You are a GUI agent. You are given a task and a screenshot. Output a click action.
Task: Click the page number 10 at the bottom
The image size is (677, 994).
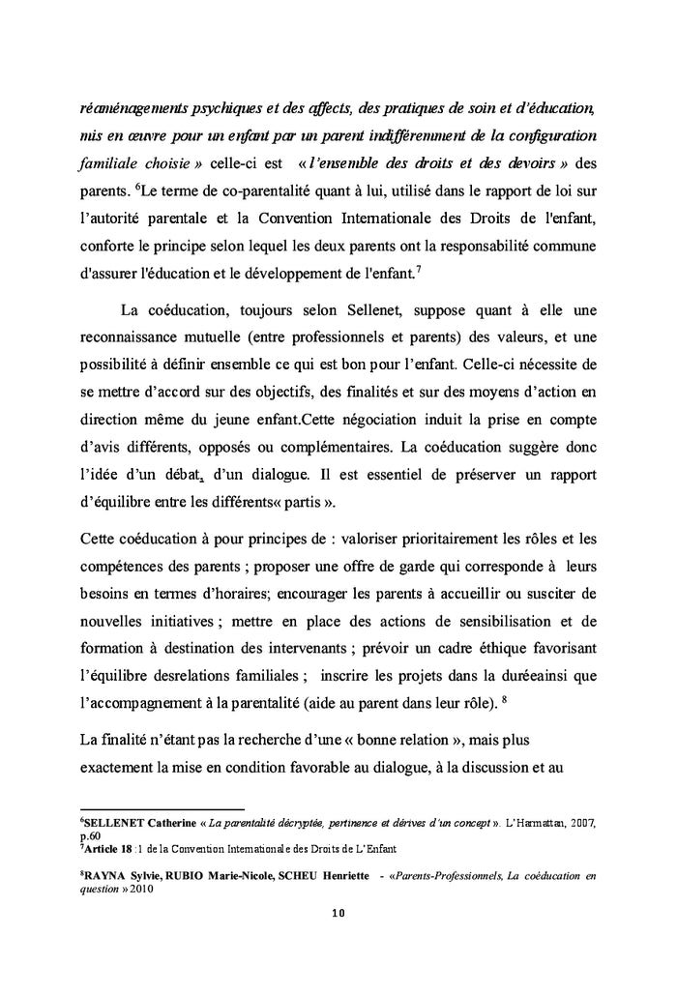(338, 912)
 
